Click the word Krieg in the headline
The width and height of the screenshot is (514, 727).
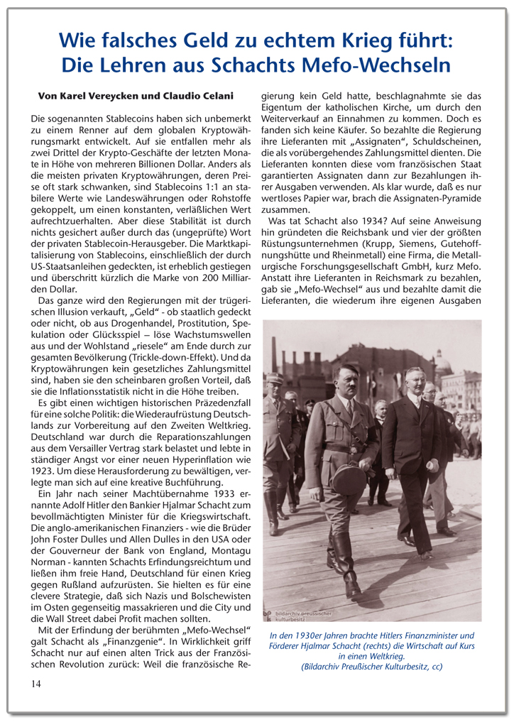click(366, 40)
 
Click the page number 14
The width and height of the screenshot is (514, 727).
click(35, 683)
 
